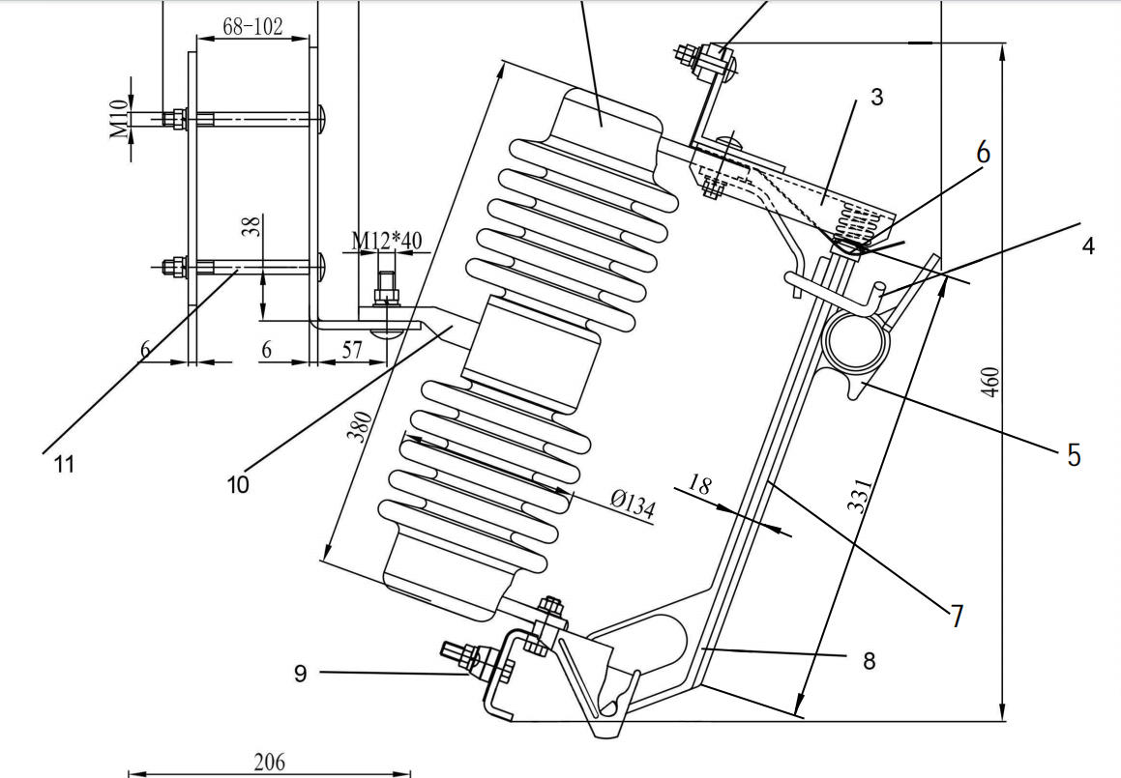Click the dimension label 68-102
click(x=252, y=26)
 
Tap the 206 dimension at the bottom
click(x=269, y=762)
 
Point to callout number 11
click(x=64, y=465)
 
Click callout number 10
click(x=238, y=483)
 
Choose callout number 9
click(x=301, y=674)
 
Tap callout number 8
click(x=869, y=661)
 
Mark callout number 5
click(x=1074, y=455)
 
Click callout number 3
click(x=876, y=97)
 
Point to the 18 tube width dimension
click(x=700, y=484)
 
